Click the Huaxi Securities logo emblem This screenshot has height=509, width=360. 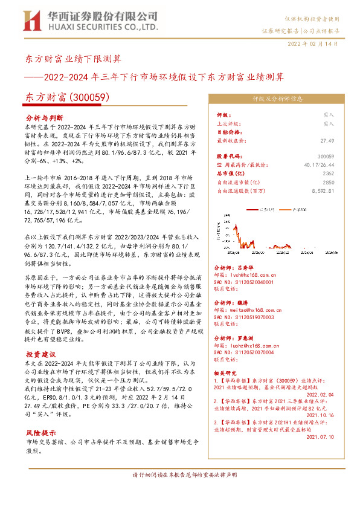pyautogui.click(x=31, y=20)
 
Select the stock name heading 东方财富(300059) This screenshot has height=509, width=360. pyautogui.click(x=63, y=97)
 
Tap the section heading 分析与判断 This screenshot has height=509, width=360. pyautogui.click(x=44, y=117)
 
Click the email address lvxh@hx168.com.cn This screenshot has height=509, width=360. pyautogui.click(x=254, y=274)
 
